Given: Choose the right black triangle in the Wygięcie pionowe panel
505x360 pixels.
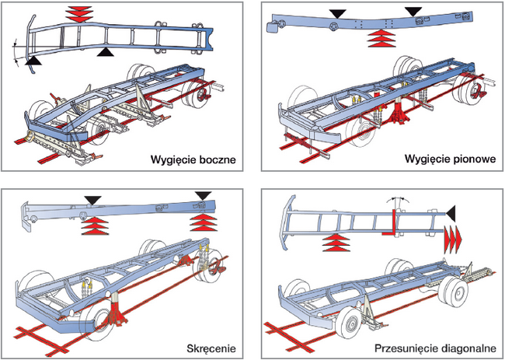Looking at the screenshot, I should pyautogui.click(x=413, y=12).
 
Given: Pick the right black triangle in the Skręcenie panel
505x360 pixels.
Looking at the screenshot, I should pyautogui.click(x=204, y=196).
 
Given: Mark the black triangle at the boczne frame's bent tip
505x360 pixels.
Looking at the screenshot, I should pyautogui.click(x=35, y=60).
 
